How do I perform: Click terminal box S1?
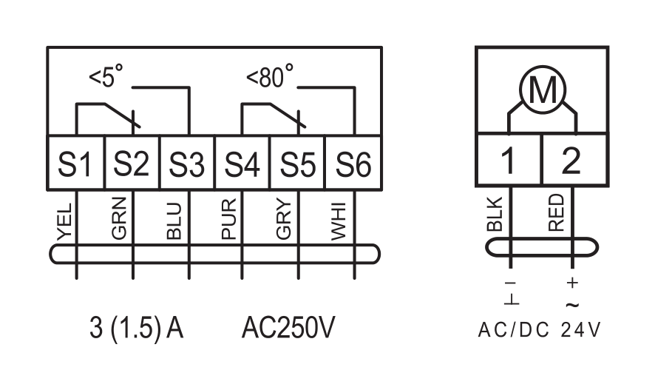(75, 163)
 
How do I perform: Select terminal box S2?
(132, 163)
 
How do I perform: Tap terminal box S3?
(187, 163)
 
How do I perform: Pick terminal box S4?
(242, 163)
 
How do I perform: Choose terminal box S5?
(298, 163)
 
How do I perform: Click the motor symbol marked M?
(543, 89)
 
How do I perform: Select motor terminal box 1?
(509, 159)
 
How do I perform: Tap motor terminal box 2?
(575, 159)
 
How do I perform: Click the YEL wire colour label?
(65, 222)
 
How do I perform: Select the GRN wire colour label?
(119, 218)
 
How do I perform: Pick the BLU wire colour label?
(174, 221)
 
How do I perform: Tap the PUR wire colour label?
(229, 219)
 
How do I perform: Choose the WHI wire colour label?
(339, 221)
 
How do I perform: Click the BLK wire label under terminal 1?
(495, 215)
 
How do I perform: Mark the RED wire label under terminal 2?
(556, 213)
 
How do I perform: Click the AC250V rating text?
(288, 328)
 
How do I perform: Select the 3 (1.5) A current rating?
(137, 329)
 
